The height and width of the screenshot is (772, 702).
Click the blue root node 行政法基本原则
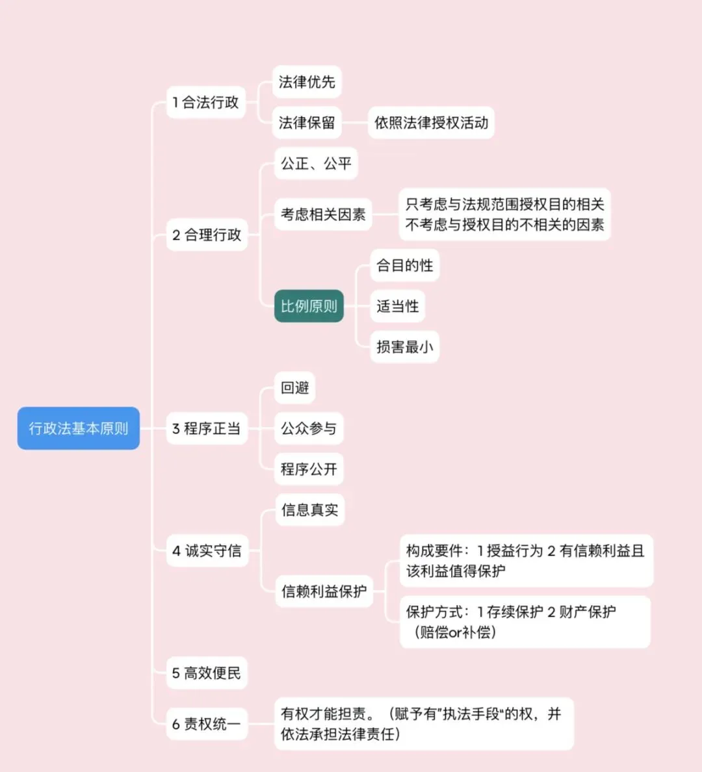point(79,428)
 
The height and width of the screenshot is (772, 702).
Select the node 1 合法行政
point(206,102)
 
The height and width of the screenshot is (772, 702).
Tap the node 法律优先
point(307,82)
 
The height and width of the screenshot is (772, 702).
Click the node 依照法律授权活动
point(431,123)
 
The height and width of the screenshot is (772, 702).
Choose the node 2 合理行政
point(207,235)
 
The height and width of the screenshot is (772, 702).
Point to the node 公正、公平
point(316,164)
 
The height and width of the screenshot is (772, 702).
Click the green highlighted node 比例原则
point(309,306)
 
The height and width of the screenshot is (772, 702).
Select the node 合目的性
point(404,265)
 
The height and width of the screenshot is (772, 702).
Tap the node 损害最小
point(404,347)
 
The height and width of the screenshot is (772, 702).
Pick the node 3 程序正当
point(207,428)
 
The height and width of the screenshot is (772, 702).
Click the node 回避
point(295,388)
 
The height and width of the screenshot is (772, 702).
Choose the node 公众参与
point(309,428)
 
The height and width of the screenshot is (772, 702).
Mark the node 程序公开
point(309,469)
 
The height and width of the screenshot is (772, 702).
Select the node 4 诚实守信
point(207,551)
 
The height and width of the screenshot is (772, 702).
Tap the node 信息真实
point(309,510)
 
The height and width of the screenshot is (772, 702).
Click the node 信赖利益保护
point(324,591)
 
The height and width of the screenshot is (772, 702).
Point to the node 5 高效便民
point(207,673)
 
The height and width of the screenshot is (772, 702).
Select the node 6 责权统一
point(207,723)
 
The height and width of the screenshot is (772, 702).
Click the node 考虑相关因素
point(323,214)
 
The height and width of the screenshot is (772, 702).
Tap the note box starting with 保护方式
point(525,621)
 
